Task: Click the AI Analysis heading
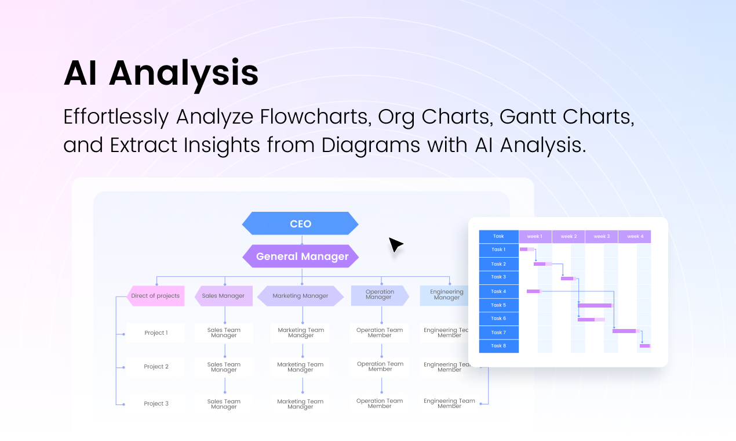pos(161,74)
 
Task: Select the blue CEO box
pos(300,223)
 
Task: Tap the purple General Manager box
pos(301,256)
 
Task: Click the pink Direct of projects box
pos(155,295)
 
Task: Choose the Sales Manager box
pos(223,295)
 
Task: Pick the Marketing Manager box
pos(300,295)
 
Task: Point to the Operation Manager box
pos(380,295)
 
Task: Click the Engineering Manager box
pos(446,295)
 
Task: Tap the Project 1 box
pos(156,332)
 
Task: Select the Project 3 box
pos(156,403)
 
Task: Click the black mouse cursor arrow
pos(395,244)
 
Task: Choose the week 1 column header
pos(534,236)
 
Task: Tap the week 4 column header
pos(635,236)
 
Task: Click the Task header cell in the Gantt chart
pos(498,236)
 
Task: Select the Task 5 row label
pos(498,305)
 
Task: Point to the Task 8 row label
pos(498,345)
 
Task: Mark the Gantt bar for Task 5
pos(595,305)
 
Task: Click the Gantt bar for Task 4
pos(533,291)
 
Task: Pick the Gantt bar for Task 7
pos(624,331)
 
